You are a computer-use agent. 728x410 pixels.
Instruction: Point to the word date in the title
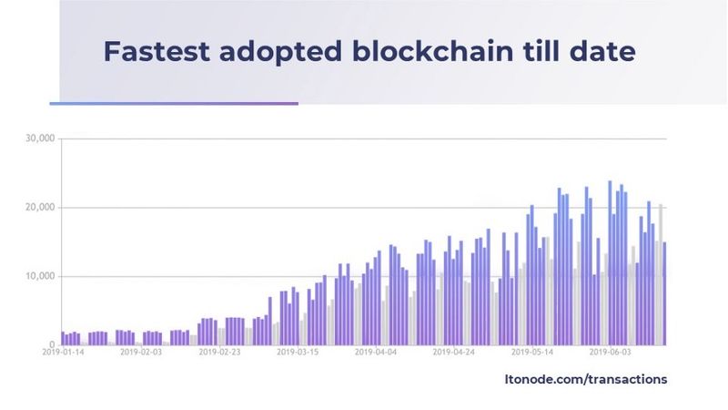click(603, 51)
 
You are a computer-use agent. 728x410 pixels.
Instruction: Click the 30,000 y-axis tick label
click(41, 138)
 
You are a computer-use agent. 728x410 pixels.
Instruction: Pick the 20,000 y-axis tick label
click(41, 208)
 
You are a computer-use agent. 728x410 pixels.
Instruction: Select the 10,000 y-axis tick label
click(41, 276)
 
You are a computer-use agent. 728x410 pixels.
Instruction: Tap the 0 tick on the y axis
click(54, 344)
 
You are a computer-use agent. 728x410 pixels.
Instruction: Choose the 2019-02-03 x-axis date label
click(140, 353)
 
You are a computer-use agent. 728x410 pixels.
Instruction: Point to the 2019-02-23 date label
click(218, 353)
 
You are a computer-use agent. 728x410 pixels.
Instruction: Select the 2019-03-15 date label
click(298, 353)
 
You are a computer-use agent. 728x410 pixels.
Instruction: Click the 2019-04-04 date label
click(376, 353)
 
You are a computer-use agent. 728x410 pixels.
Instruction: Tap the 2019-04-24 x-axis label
click(454, 353)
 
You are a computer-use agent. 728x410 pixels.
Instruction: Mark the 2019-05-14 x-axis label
click(532, 353)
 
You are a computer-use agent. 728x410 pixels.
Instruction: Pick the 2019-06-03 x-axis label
click(611, 353)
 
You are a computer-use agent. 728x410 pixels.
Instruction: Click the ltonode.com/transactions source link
click(585, 378)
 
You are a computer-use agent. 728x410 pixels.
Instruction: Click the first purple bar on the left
click(63, 338)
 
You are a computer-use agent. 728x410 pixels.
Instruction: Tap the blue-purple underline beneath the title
click(173, 103)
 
